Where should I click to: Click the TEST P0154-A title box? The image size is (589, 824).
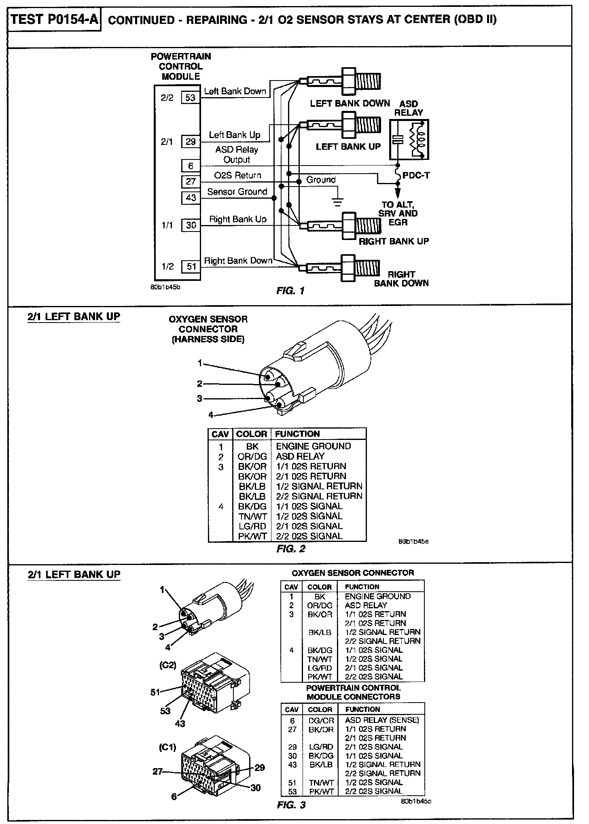(x=54, y=19)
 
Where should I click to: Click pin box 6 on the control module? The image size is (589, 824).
(x=191, y=166)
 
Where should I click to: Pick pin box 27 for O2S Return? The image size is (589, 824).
(x=191, y=182)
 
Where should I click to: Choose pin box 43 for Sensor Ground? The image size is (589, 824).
(x=191, y=198)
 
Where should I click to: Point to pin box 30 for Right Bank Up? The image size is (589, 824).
(x=191, y=225)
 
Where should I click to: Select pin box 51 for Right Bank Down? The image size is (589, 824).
(x=191, y=266)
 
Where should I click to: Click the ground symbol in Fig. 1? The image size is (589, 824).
(x=338, y=201)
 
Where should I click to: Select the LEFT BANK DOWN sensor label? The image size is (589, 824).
(x=350, y=103)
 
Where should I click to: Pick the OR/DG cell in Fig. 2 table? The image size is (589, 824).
(x=252, y=457)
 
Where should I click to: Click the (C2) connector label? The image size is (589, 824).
(x=168, y=665)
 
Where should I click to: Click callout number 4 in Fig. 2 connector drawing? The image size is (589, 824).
(x=210, y=414)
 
